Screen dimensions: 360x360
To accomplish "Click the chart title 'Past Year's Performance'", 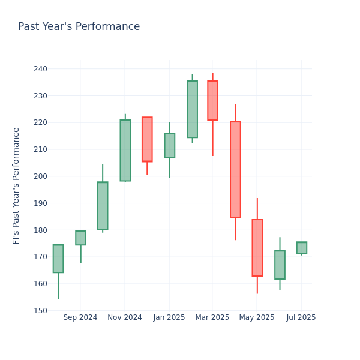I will coord(79,27).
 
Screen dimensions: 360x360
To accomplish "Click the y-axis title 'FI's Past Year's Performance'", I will coord(16,185).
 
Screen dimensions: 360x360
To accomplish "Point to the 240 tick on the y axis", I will coord(40,69).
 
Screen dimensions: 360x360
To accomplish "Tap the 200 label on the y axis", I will coord(40,176).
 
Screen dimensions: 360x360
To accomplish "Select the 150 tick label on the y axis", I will coord(40,311).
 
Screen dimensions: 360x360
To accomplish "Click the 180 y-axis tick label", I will coord(40,230).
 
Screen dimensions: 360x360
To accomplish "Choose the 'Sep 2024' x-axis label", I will coord(80,317).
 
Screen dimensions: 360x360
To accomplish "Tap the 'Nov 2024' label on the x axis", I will coord(125,317).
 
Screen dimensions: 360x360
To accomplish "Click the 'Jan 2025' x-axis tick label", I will coord(169,317).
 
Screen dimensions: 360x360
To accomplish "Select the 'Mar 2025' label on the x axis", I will coord(212,317).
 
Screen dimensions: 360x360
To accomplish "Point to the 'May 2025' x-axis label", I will coord(257,317).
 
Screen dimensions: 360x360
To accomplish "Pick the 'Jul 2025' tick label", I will coord(301,317).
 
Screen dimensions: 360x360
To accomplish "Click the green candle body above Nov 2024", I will coord(125,150).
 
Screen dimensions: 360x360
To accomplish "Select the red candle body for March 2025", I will coord(212,101).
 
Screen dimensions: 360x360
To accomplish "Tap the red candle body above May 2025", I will coord(257,248).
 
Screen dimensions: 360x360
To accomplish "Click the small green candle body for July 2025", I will coord(301,248).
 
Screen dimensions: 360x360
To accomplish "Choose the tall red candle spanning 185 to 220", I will coord(235,169).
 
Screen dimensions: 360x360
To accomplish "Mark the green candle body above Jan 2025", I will coord(169,145).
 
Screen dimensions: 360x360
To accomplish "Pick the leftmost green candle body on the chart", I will coord(58,259).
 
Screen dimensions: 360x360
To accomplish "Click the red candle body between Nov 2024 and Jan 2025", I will coord(147,139).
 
